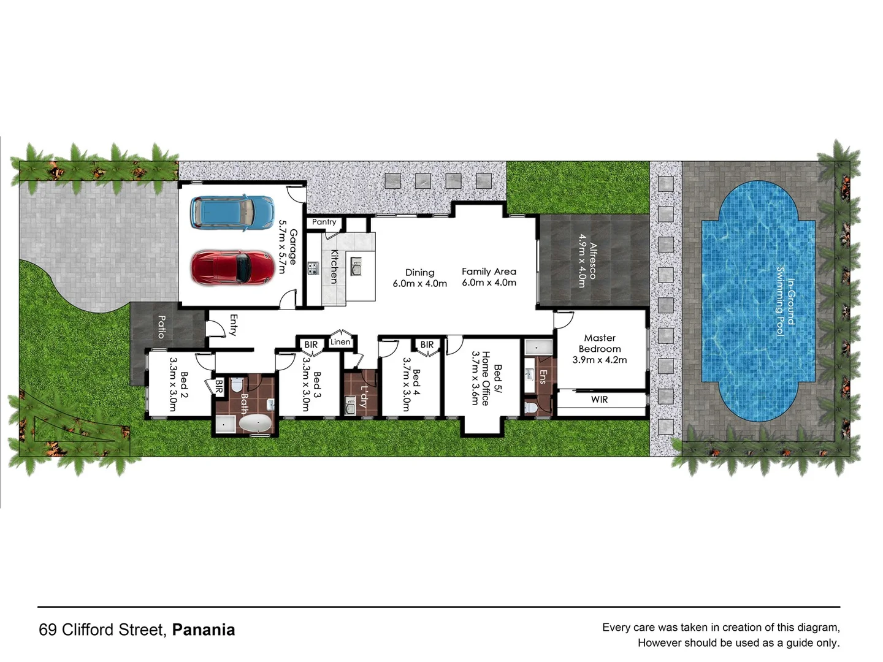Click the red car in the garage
click(x=232, y=267)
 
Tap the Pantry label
click(x=324, y=222)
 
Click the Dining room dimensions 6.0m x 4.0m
click(x=420, y=284)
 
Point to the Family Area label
click(x=489, y=272)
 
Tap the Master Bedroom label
click(x=600, y=343)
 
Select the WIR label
click(x=599, y=400)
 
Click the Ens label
click(x=542, y=376)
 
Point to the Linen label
click(x=340, y=342)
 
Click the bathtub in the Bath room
click(x=256, y=424)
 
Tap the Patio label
click(x=161, y=327)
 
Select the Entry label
click(x=233, y=325)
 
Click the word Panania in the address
click(x=203, y=630)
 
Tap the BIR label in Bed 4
click(x=427, y=345)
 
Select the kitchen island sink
click(x=356, y=266)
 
